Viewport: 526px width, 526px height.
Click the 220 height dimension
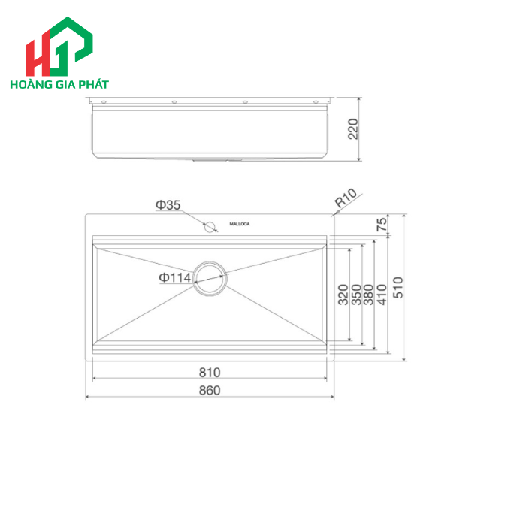click(354, 129)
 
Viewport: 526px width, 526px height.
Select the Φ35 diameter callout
click(168, 204)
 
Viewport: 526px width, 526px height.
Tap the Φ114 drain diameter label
click(175, 278)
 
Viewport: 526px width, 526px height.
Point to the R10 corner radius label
click(346, 199)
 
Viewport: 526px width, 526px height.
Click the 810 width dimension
click(210, 372)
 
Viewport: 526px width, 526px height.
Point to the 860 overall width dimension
click(210, 390)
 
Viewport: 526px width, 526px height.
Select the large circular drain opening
click(209, 278)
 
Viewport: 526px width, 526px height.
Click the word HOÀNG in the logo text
click(29, 84)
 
